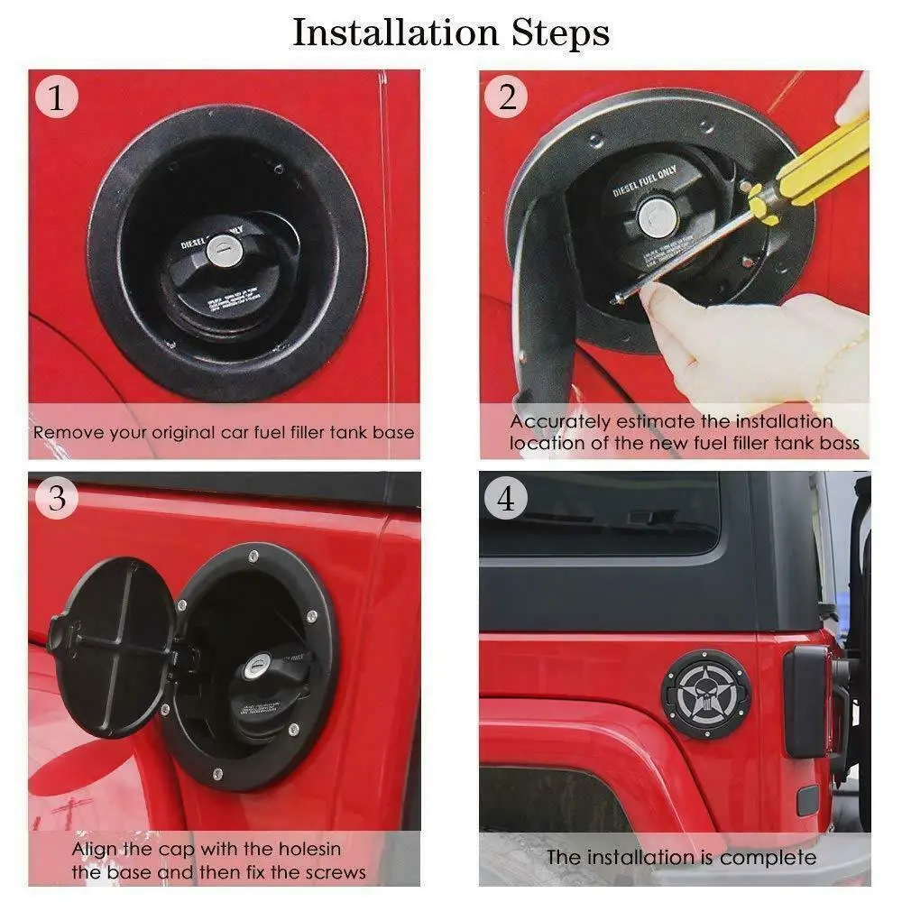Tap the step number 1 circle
pyautogui.click(x=58, y=97)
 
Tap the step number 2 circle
pyautogui.click(x=506, y=97)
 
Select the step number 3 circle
pyautogui.click(x=58, y=498)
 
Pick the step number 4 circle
pyautogui.click(x=506, y=498)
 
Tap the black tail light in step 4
pyautogui.click(x=805, y=701)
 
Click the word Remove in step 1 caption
pyautogui.click(x=64, y=432)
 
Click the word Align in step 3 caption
pyautogui.click(x=92, y=849)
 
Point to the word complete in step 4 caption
pyautogui.click(x=769, y=857)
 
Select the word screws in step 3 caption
pyautogui.click(x=336, y=872)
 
